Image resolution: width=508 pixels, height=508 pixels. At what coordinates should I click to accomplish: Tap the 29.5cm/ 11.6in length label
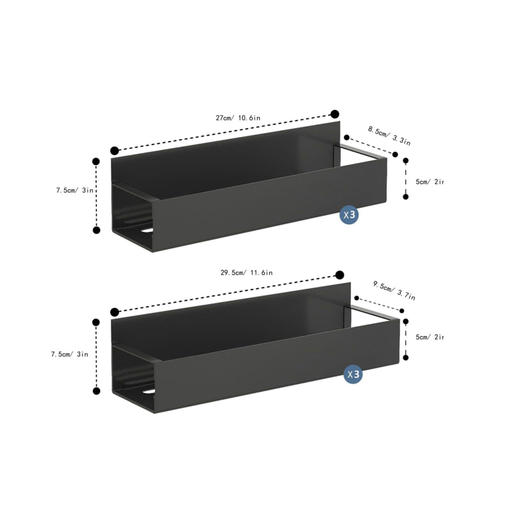point(246,272)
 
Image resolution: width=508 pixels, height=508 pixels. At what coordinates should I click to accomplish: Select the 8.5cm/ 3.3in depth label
point(388,135)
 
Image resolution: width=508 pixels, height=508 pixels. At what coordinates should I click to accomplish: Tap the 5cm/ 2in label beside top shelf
point(430,182)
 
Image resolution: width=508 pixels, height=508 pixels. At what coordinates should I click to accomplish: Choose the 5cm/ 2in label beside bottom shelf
point(430,337)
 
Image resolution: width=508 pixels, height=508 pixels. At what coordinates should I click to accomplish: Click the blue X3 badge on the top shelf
point(350,215)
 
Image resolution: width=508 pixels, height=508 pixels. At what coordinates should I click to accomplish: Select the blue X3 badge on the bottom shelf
point(353,375)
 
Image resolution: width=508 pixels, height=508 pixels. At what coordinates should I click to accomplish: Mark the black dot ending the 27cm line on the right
point(335,114)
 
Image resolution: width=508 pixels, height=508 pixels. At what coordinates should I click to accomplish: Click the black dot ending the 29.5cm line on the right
point(340,274)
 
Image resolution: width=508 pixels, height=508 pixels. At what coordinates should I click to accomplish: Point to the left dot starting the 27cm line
point(114,150)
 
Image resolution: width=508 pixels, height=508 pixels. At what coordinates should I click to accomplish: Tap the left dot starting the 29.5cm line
point(115,312)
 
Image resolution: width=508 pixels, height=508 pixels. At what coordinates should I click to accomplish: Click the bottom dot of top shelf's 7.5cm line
point(97,230)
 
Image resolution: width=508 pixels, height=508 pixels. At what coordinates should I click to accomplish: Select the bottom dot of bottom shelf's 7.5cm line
point(97,392)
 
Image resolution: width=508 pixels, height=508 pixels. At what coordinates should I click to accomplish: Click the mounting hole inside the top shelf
point(147,230)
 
